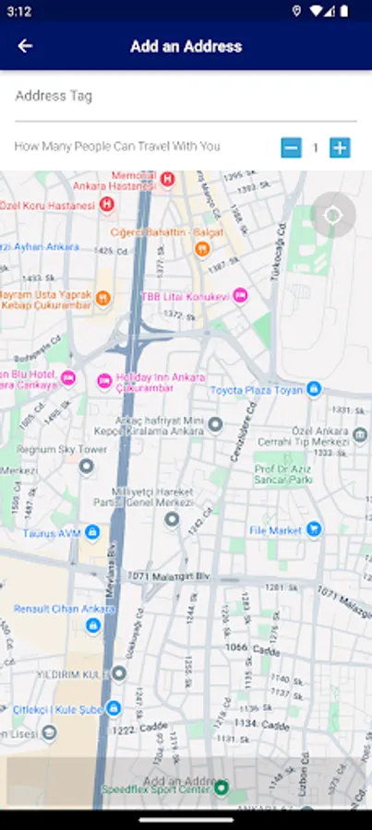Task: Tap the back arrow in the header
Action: click(25, 46)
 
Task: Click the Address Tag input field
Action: click(186, 97)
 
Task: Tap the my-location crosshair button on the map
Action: click(333, 216)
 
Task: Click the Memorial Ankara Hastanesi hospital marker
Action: click(167, 179)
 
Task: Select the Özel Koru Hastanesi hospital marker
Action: click(107, 205)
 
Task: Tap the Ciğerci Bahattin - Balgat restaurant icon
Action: click(203, 248)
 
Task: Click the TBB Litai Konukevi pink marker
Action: click(241, 295)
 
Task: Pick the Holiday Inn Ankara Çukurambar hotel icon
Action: click(104, 380)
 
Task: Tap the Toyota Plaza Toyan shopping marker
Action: click(314, 389)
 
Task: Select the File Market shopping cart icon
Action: click(314, 529)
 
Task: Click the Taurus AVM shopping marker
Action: click(92, 532)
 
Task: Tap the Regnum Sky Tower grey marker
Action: click(86, 467)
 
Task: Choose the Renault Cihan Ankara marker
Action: click(93, 625)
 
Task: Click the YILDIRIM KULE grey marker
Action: click(119, 673)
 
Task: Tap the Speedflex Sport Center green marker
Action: click(222, 788)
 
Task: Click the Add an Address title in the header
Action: click(186, 46)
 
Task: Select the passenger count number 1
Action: click(315, 148)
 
